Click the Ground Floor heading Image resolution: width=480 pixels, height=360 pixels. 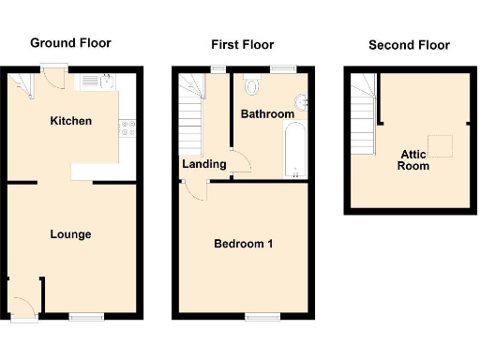tap(70, 43)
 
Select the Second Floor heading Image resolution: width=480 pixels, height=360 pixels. tap(409, 45)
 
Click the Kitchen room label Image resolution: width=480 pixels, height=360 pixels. tap(70, 121)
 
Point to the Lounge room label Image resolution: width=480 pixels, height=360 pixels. tap(70, 233)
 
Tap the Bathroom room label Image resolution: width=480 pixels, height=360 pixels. tap(267, 114)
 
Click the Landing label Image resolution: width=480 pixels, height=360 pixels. tap(204, 164)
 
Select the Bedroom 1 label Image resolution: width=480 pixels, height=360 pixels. tap(244, 245)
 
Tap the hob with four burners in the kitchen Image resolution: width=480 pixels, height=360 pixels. tap(127, 129)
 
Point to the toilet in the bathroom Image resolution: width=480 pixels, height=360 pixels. tap(250, 86)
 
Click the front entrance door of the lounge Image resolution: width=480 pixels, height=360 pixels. tap(22, 308)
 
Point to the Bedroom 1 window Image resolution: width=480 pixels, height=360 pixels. tap(259, 317)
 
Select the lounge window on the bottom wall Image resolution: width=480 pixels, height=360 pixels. tap(85, 317)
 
